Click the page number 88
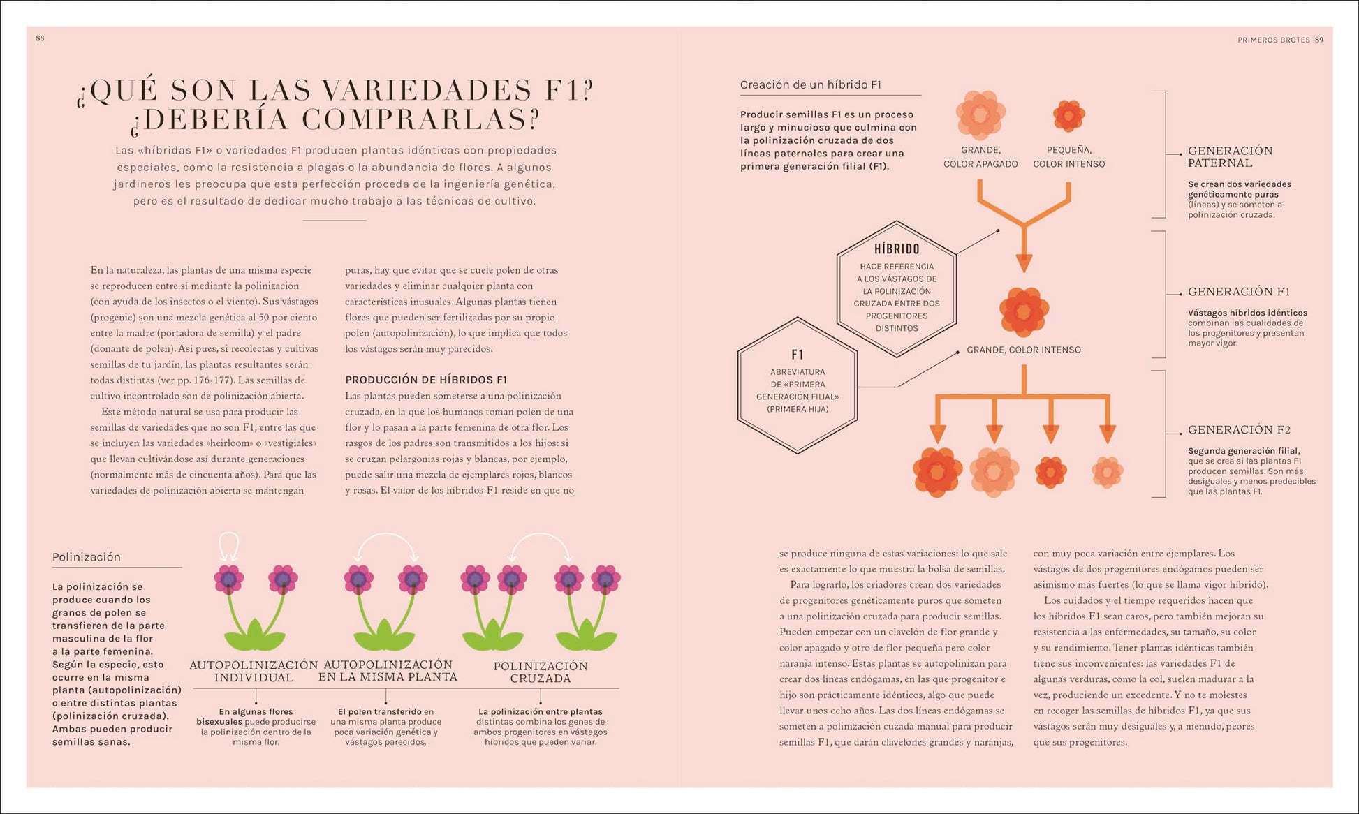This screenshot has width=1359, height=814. coord(40,38)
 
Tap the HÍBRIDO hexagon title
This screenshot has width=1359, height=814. coord(897,249)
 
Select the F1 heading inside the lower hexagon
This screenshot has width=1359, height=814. coord(798,355)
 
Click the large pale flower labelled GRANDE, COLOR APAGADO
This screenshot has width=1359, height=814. coord(980,115)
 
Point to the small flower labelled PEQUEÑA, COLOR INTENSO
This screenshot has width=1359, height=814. coord(1068,115)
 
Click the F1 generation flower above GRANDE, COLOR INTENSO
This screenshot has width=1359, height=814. coord(1024,312)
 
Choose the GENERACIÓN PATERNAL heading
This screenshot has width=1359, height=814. coord(1231,157)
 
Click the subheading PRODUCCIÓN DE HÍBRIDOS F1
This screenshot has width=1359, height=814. coord(426,380)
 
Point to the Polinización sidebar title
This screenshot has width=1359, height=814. coord(87,557)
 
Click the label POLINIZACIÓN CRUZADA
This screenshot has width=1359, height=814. coord(541,672)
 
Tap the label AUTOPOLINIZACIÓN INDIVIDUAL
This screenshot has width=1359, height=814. coord(254,672)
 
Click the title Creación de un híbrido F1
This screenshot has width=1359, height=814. coord(811,85)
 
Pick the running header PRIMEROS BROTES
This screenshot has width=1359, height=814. coord(1274,40)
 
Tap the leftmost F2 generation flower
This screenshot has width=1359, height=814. coord(938,473)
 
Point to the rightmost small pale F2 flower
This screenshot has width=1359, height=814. coord(1107,473)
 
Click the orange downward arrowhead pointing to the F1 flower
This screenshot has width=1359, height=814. coord(1024,263)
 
